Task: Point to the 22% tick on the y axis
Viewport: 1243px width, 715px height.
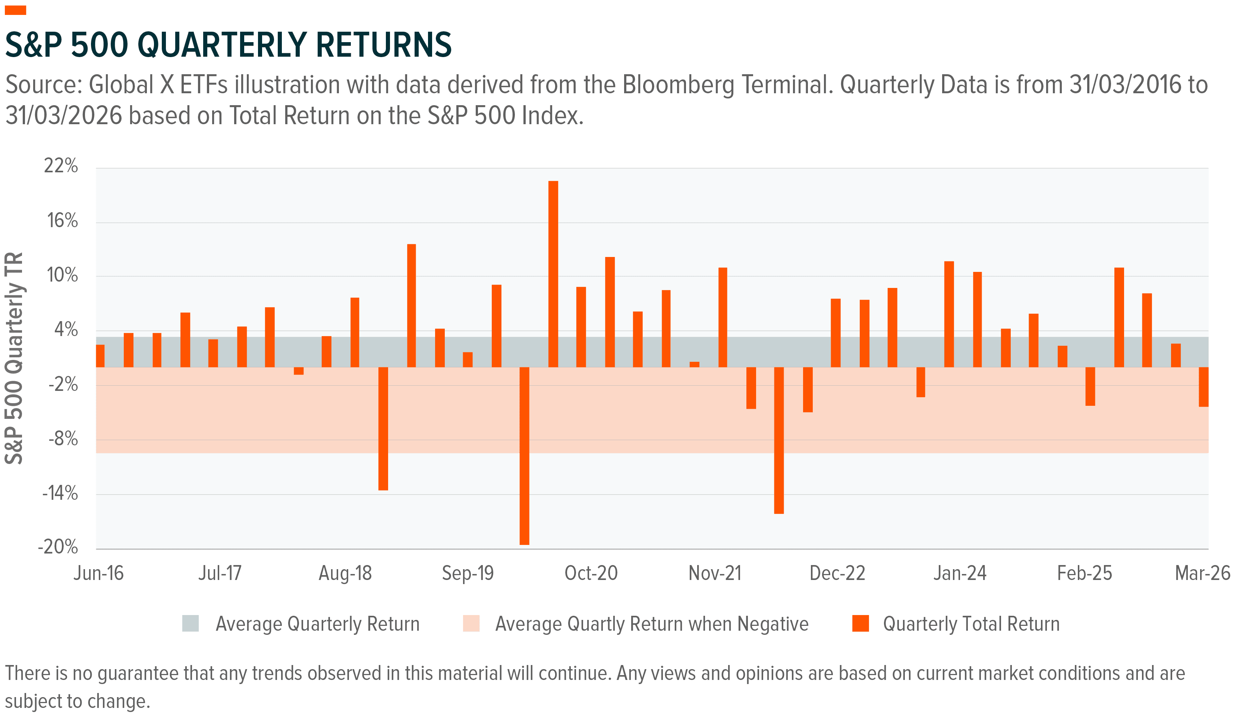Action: (x=61, y=166)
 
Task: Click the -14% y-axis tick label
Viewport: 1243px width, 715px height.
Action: (x=60, y=493)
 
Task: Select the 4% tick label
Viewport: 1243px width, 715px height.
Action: (x=66, y=329)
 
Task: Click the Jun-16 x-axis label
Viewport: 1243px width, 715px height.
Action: (x=99, y=573)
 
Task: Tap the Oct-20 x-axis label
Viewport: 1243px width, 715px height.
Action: (x=591, y=573)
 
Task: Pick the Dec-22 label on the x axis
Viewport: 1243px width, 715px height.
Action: (x=837, y=573)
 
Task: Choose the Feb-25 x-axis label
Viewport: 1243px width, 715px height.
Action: (x=1085, y=573)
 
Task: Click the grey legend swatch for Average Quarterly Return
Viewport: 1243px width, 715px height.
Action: (x=191, y=623)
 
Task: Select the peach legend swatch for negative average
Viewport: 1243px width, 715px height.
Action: (x=471, y=623)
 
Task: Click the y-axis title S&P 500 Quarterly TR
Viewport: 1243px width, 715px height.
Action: (x=14, y=358)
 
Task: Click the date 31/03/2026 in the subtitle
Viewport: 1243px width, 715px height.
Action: (x=64, y=116)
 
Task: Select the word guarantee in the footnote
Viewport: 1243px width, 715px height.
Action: (x=138, y=673)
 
